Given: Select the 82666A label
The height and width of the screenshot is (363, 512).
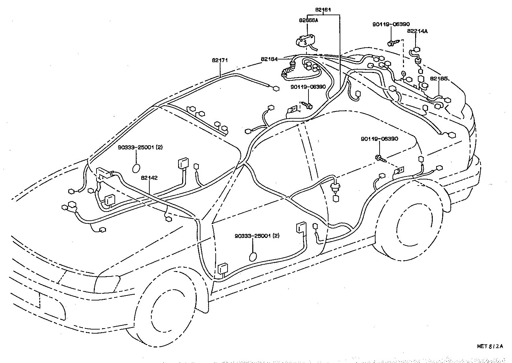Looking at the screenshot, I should coord(308,20).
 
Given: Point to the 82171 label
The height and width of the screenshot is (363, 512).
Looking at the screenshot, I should coord(220,60).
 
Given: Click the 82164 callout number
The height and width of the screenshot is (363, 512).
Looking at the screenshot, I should coord(269,59).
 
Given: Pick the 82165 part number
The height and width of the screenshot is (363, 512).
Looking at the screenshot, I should coord(439,78).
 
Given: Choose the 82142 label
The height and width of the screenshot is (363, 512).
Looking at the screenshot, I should coord(149,177).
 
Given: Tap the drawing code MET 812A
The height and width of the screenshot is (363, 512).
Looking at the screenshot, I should coord(490,346).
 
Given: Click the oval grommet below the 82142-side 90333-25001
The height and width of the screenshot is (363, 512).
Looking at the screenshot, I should coord(136,168).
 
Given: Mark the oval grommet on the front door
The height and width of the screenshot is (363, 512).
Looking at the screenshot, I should coord(253,257).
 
